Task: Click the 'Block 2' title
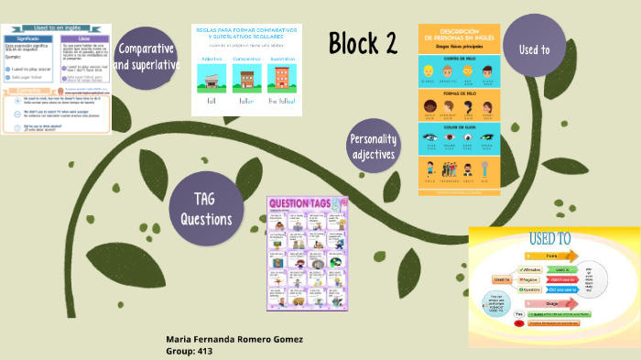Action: (x=364, y=42)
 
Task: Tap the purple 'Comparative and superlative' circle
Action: (x=146, y=57)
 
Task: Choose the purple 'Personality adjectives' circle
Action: (x=374, y=147)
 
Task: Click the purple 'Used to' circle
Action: (x=534, y=49)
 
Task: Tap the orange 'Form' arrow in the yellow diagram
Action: (x=553, y=256)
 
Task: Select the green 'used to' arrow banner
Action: (x=560, y=270)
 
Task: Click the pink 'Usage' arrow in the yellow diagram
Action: (x=551, y=300)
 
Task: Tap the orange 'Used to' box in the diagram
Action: (x=502, y=278)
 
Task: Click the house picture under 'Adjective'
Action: (x=212, y=81)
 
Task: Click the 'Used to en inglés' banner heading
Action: (x=55, y=30)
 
